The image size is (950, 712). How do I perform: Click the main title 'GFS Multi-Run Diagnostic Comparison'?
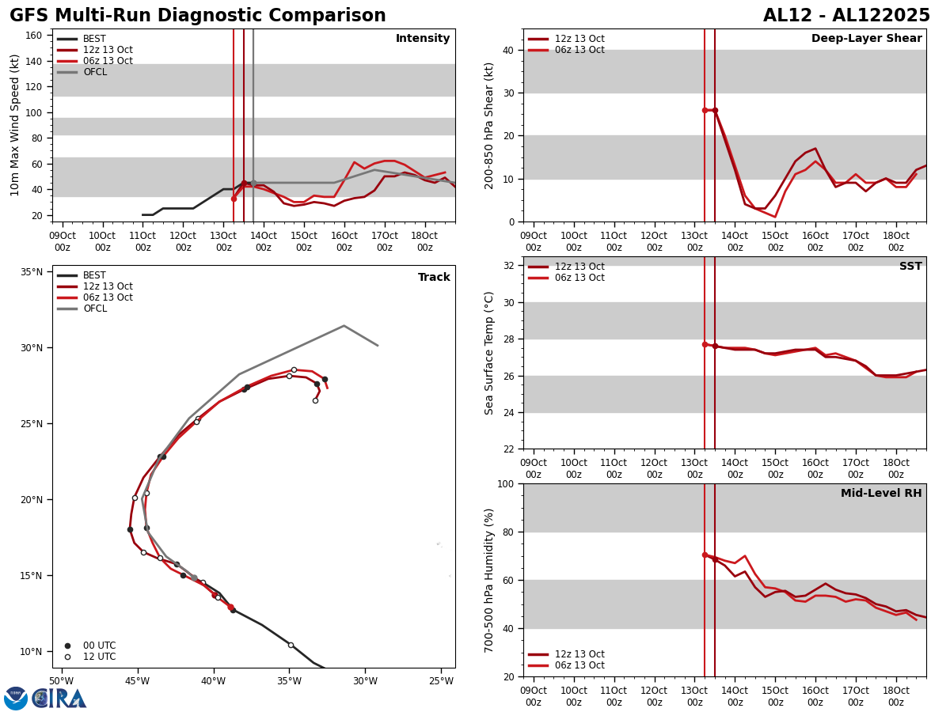tap(197, 16)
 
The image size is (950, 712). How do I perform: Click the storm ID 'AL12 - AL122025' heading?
tap(846, 16)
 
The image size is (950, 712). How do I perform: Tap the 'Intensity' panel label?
tap(423, 39)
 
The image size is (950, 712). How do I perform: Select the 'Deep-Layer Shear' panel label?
tap(866, 39)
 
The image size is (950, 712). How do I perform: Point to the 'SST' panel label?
tap(910, 267)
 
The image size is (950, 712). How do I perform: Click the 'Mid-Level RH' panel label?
tap(881, 494)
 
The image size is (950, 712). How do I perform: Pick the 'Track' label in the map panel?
tap(434, 278)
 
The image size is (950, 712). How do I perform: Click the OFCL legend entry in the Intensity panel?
tap(94, 72)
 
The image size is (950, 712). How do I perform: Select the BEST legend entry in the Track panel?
tap(94, 275)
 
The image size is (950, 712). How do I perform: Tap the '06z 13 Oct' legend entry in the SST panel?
tap(579, 278)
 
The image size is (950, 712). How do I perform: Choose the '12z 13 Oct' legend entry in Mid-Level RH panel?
tap(579, 654)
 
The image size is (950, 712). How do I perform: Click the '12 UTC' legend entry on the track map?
tap(99, 657)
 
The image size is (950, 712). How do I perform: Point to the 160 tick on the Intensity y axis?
tap(34, 36)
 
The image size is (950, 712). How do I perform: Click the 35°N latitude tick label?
tap(32, 272)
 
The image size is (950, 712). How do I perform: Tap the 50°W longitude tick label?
tap(61, 681)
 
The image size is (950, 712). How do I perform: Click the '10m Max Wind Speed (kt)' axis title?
tap(15, 125)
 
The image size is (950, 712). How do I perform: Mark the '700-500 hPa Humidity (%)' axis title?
tap(489, 580)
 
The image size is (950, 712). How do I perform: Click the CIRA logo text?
tap(59, 698)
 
